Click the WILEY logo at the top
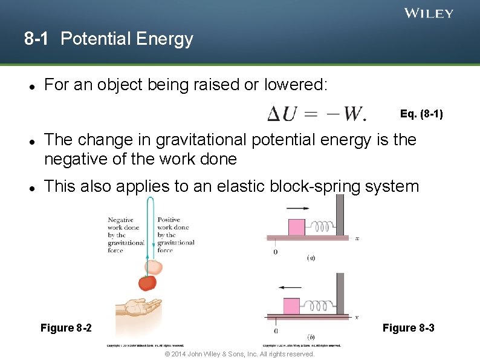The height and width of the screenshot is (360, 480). point(429,13)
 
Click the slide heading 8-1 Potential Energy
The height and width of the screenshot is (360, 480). point(109,39)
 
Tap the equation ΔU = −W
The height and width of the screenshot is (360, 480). point(317,113)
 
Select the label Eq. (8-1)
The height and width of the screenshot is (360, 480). point(421,113)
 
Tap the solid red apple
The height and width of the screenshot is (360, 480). point(147,282)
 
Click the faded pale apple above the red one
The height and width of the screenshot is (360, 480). point(154,267)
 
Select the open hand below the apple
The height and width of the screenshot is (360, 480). point(140,307)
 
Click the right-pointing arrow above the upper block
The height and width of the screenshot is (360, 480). point(297,209)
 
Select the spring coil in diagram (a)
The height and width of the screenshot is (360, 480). point(322,226)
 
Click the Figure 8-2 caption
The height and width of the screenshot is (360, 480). point(66,328)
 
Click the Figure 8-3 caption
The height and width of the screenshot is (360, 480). point(408,328)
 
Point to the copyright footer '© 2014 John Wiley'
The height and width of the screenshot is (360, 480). point(239,354)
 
